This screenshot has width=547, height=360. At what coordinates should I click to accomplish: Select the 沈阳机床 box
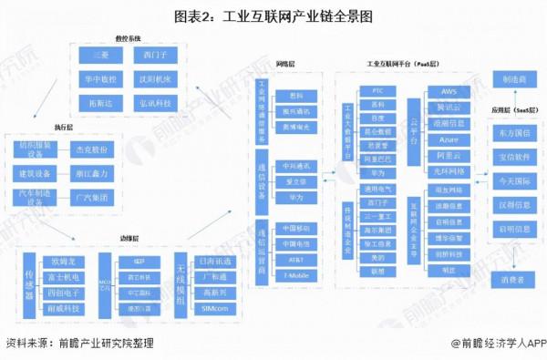click(x=148, y=79)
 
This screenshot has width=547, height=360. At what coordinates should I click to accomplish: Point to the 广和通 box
click(x=218, y=276)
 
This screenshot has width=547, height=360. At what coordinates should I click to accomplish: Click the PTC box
click(x=377, y=92)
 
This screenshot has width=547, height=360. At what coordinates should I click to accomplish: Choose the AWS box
click(x=448, y=92)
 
